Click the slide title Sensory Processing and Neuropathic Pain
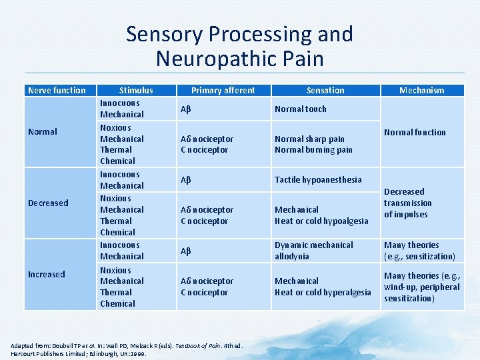coord(239,46)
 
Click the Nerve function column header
coord(57,90)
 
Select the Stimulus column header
coord(135,90)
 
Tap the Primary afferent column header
coord(223,90)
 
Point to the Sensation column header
coord(325,90)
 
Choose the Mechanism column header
coord(421,90)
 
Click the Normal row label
coord(42,132)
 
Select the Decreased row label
coord(48,203)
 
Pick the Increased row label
coord(46,274)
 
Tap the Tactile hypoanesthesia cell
coord(318,179)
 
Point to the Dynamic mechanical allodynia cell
coord(314,251)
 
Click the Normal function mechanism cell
coord(415,132)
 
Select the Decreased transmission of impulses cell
coord(408,203)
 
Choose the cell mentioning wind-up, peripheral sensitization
coord(421,287)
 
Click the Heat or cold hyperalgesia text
coord(323,292)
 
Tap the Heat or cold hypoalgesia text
coord(321,221)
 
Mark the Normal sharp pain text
coord(309,139)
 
